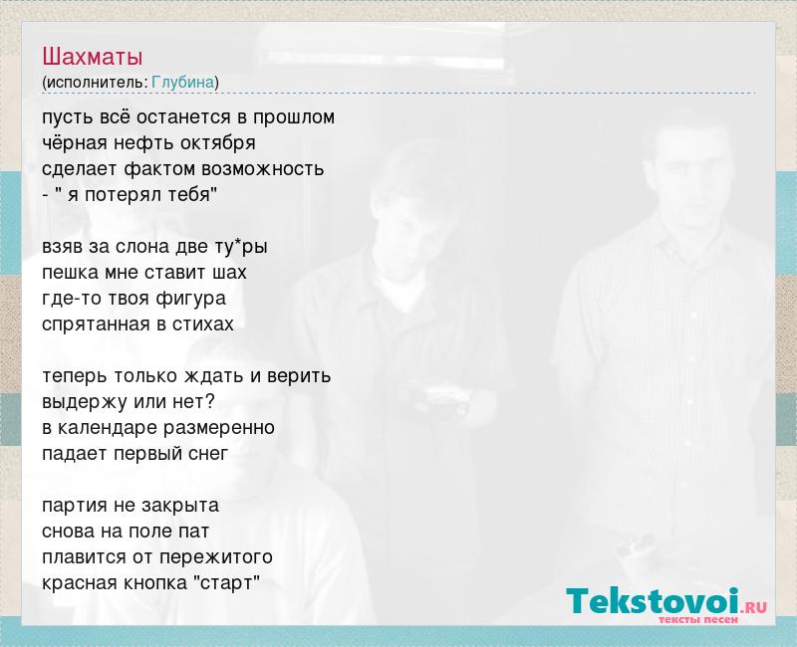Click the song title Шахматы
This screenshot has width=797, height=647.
(92, 57)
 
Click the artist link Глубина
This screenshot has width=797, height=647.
(183, 82)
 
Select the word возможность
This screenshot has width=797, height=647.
(262, 168)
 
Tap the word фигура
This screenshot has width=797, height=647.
(190, 299)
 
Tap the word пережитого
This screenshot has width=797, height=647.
(216, 557)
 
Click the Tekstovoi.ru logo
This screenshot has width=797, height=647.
(665, 602)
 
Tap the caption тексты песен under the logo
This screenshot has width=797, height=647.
(698, 619)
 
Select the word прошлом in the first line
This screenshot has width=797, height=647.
(294, 117)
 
